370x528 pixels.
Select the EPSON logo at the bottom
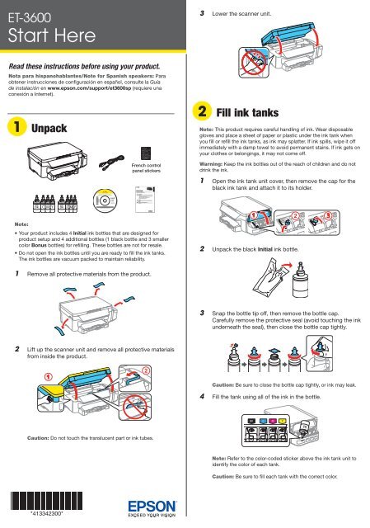pos(156,502)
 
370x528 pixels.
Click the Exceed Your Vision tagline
pos(156,516)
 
